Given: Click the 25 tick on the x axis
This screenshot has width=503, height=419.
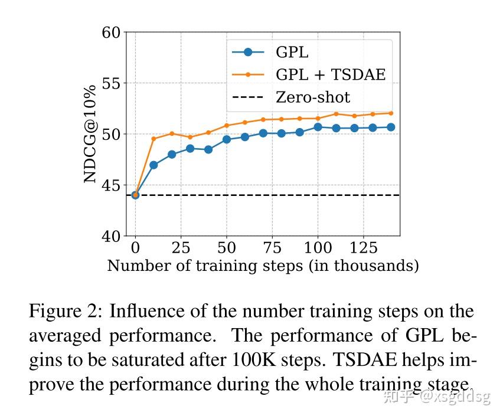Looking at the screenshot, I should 181,247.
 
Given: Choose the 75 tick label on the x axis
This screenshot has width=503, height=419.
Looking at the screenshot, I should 272,247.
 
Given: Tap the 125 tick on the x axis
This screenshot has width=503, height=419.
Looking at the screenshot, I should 363,247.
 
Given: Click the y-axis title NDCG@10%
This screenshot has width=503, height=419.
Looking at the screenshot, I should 90,134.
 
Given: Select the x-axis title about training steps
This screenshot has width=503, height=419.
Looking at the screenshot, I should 263,266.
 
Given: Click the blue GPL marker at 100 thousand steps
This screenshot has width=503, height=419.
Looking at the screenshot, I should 318,127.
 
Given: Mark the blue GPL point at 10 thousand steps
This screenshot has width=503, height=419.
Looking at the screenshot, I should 153,165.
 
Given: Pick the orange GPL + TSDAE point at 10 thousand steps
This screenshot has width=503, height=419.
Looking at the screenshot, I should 153,139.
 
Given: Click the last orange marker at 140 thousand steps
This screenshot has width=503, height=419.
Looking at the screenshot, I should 391,113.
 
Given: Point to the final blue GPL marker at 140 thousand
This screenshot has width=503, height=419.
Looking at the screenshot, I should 391,127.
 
